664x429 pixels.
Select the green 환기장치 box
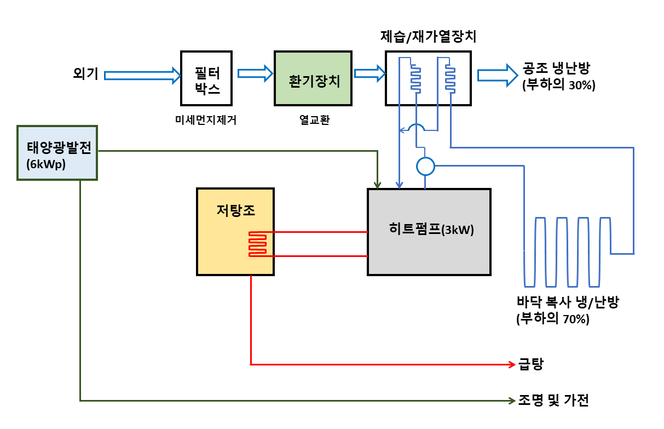pyautogui.click(x=314, y=78)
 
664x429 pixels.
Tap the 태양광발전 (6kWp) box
pyautogui.click(x=57, y=153)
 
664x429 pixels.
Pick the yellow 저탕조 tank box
pyautogui.click(x=235, y=231)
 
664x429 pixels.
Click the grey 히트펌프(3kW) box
pyautogui.click(x=429, y=231)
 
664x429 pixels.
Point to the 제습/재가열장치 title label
pyautogui.click(x=428, y=37)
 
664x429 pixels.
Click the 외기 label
pyautogui.click(x=85, y=73)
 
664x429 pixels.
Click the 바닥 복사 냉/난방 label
pyautogui.click(x=567, y=302)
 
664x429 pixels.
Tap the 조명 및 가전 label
pyautogui.click(x=553, y=401)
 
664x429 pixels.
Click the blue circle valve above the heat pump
pyautogui.click(x=425, y=165)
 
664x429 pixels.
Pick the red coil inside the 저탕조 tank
pyautogui.click(x=258, y=244)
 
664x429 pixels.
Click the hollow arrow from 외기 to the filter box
pyautogui.click(x=142, y=75)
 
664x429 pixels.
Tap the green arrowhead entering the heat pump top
pyautogui.click(x=377, y=184)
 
